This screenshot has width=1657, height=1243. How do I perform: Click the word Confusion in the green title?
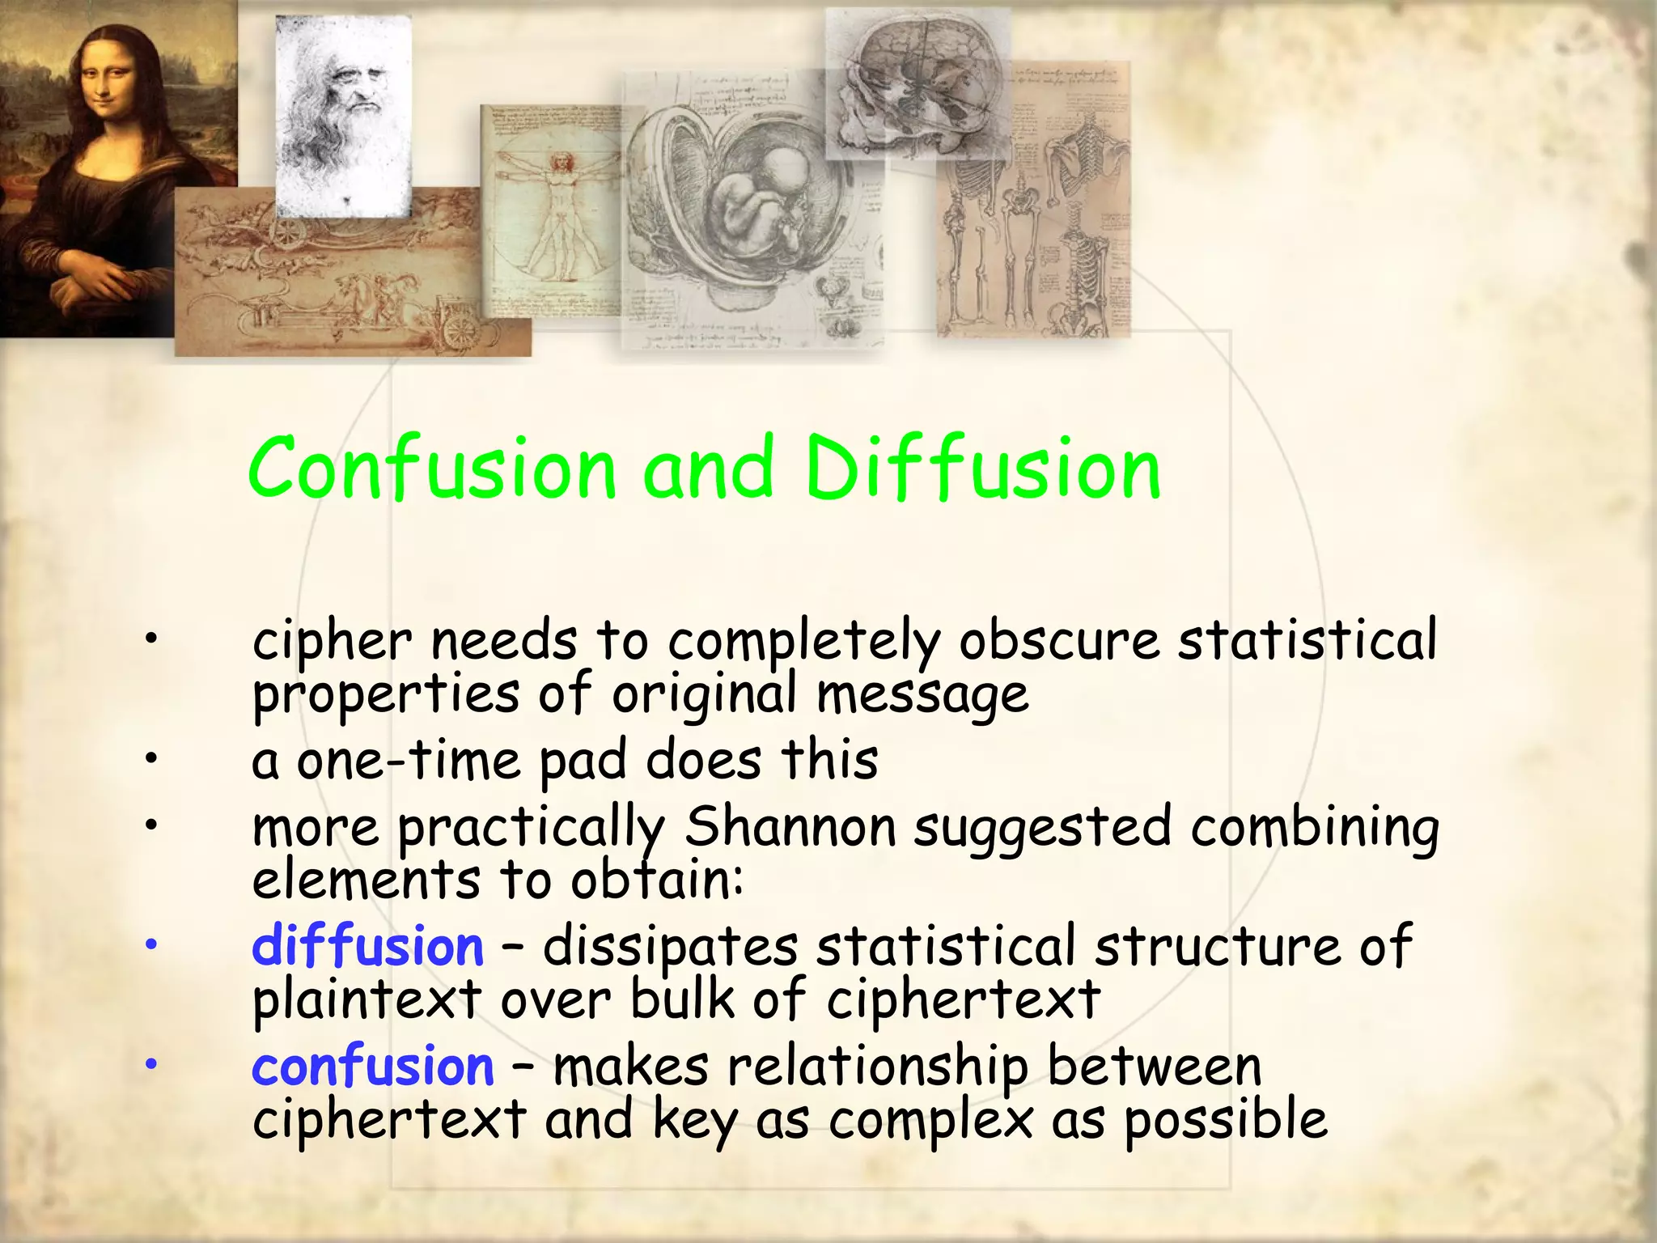click(432, 469)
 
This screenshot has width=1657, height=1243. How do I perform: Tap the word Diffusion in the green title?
click(983, 469)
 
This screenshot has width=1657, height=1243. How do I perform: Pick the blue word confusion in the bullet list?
click(372, 1066)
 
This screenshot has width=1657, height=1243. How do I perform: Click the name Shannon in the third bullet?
click(790, 827)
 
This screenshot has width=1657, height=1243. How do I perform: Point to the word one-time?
click(409, 761)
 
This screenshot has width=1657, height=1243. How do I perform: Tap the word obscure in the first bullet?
click(1059, 639)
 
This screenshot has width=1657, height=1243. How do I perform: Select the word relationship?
click(878, 1066)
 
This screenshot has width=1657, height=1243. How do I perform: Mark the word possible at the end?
click(1226, 1121)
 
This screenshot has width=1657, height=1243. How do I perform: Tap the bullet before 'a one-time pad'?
click(150, 759)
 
